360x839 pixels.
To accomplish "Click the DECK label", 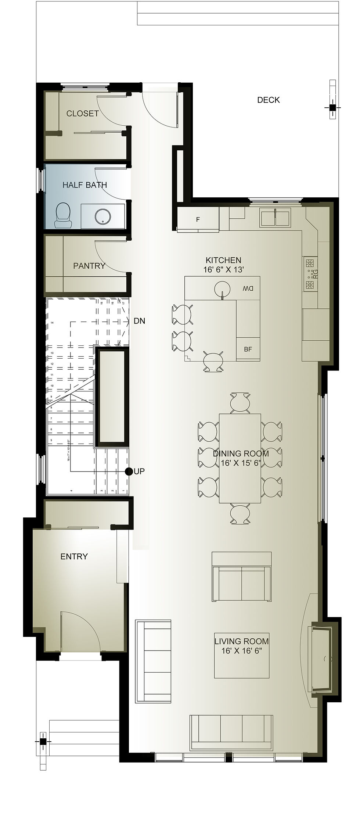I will tap(268, 100).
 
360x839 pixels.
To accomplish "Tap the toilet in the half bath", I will tap(63, 215).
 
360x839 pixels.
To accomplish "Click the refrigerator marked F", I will tap(198, 220).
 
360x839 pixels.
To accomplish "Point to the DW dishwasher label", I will tap(248, 288).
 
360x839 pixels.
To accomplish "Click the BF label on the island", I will tap(248, 349).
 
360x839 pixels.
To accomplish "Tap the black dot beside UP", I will tap(129, 472).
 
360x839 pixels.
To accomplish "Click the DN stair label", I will tap(139, 321).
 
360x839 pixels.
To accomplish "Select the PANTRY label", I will tap(89, 265).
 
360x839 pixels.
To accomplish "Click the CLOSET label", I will tap(82, 114).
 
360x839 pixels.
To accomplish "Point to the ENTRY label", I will tap(74, 556).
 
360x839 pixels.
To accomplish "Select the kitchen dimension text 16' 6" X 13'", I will tap(224, 269).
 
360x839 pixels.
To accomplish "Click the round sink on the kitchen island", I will tap(222, 289).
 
